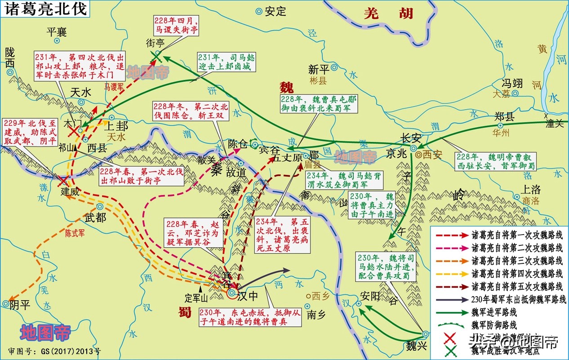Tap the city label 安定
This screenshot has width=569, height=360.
point(276,11)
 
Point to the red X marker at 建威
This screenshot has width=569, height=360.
point(62,181)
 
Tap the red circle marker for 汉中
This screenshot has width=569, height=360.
point(232,293)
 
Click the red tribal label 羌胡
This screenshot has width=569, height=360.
point(388,13)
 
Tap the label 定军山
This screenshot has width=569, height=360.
point(197,298)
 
